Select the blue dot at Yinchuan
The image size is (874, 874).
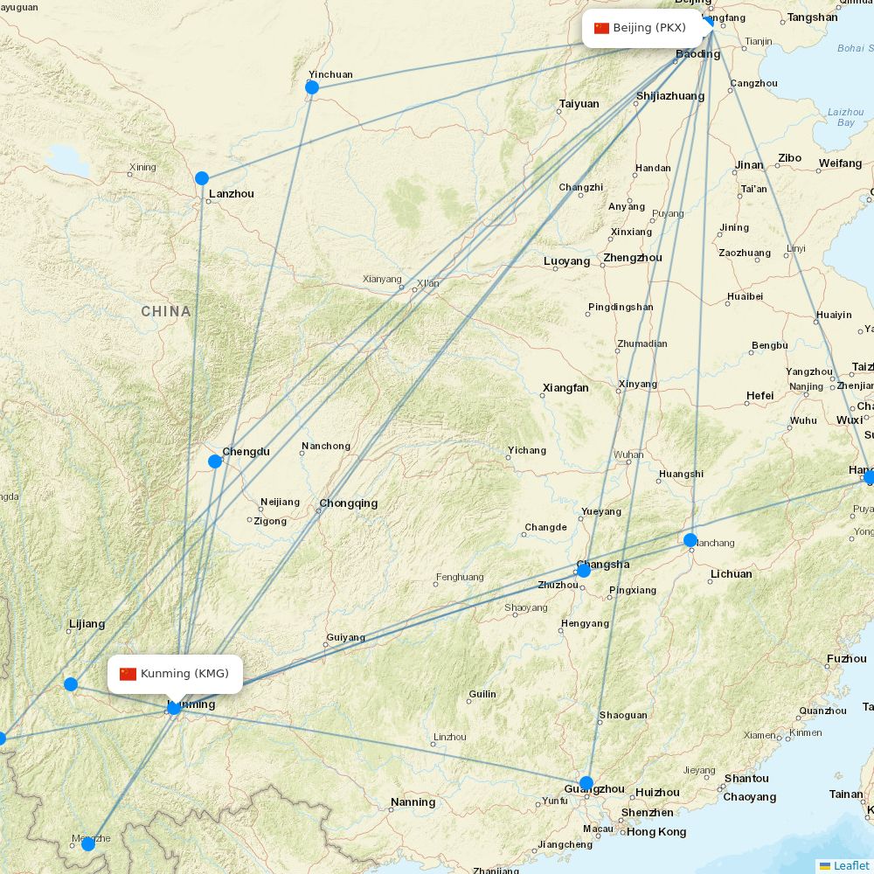point(312,87)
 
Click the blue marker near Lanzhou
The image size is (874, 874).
point(202,178)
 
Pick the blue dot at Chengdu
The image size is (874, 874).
point(215,461)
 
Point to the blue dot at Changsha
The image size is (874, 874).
point(584,571)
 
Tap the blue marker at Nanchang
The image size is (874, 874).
point(690,540)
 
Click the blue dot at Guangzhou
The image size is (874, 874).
point(586,783)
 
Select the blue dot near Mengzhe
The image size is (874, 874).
point(88,844)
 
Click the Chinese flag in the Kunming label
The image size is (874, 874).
point(128,674)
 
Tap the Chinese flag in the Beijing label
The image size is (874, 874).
point(601,28)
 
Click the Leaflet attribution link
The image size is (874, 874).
point(850,865)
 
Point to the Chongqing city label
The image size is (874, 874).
point(349,503)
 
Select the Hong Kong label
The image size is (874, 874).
point(656,832)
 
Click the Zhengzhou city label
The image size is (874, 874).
point(633,258)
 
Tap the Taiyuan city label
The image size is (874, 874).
point(579,104)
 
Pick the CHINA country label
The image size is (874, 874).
point(166,311)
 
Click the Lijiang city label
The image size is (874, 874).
point(87,624)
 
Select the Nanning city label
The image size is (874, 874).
point(413,802)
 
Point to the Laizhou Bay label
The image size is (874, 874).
point(845,117)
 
